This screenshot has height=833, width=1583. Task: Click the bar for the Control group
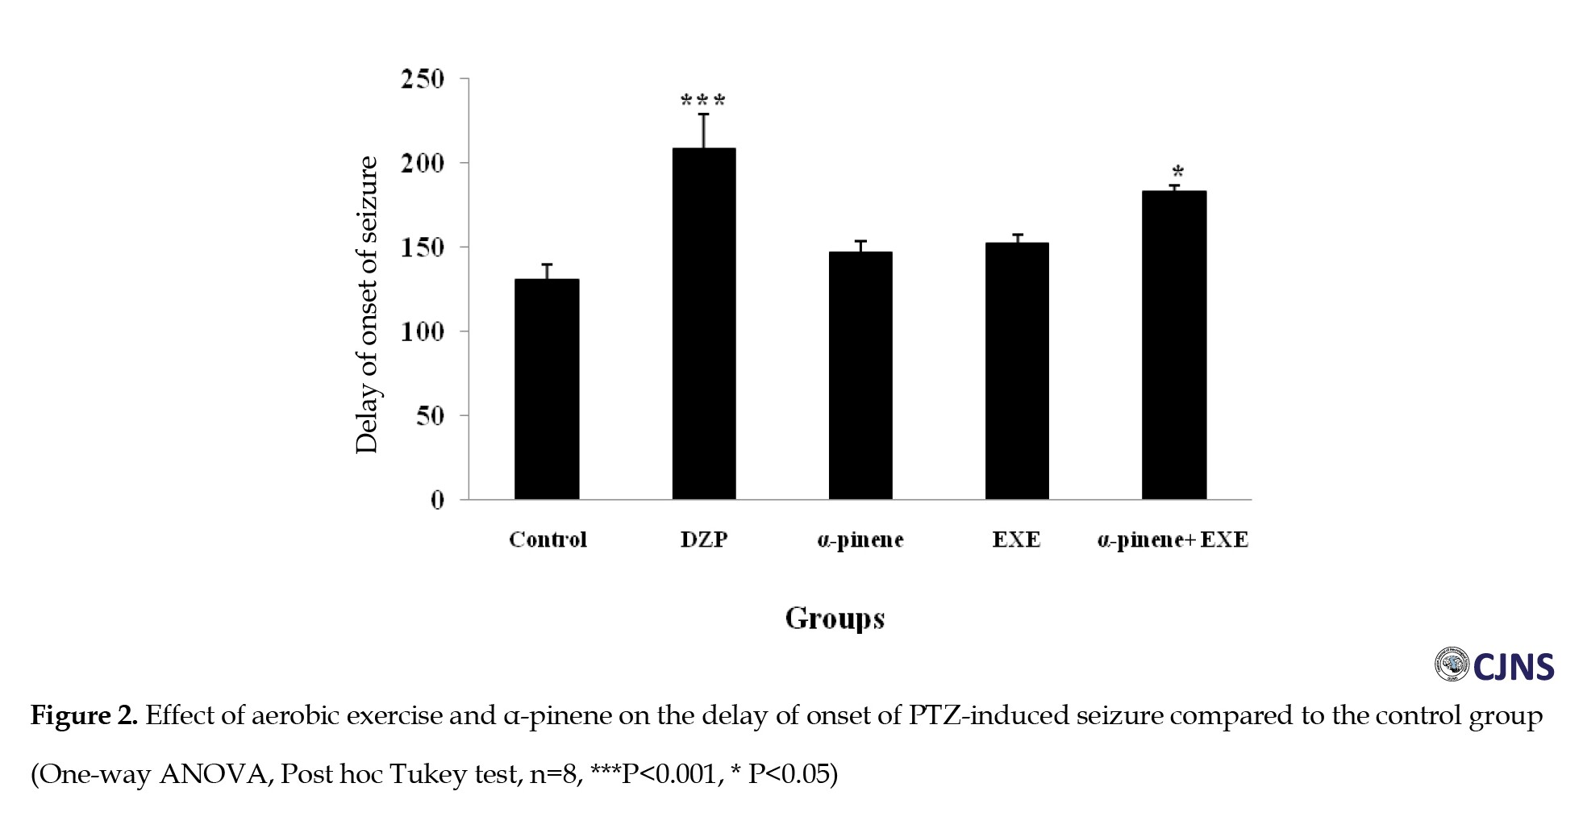(x=547, y=389)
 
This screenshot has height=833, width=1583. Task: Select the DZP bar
(x=704, y=323)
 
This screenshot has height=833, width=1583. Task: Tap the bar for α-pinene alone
(x=860, y=375)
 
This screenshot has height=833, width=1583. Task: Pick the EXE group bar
(x=1017, y=370)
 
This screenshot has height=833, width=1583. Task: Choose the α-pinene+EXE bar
(x=1174, y=344)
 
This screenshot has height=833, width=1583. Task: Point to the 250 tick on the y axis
(x=423, y=79)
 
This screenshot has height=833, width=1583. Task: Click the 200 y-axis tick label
(x=423, y=163)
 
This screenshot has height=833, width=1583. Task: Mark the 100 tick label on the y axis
(x=423, y=331)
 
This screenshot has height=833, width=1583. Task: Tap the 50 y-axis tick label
(x=430, y=416)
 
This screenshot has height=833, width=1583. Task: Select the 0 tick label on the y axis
(x=437, y=501)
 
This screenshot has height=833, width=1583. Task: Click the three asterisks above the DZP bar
(x=703, y=101)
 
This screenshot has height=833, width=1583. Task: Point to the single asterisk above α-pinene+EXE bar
(x=1178, y=172)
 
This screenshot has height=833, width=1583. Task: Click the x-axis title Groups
(x=835, y=619)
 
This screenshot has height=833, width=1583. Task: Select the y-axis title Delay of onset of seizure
(x=367, y=305)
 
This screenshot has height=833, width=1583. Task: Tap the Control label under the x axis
(x=548, y=539)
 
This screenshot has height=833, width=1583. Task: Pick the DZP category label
(x=704, y=539)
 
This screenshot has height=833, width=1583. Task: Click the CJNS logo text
(x=1513, y=667)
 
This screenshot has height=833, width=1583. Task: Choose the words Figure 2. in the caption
(x=84, y=715)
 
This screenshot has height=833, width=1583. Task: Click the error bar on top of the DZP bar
(x=704, y=131)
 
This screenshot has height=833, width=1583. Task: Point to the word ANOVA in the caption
(x=212, y=774)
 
